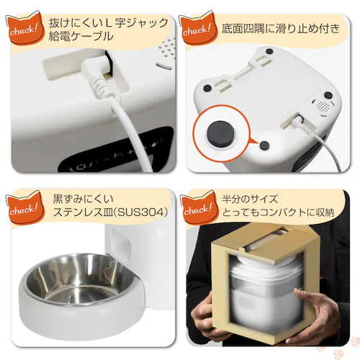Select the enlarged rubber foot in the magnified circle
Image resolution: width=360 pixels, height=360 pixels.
[x=219, y=134]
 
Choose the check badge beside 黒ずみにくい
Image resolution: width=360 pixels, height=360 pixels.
[x=24, y=208]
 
